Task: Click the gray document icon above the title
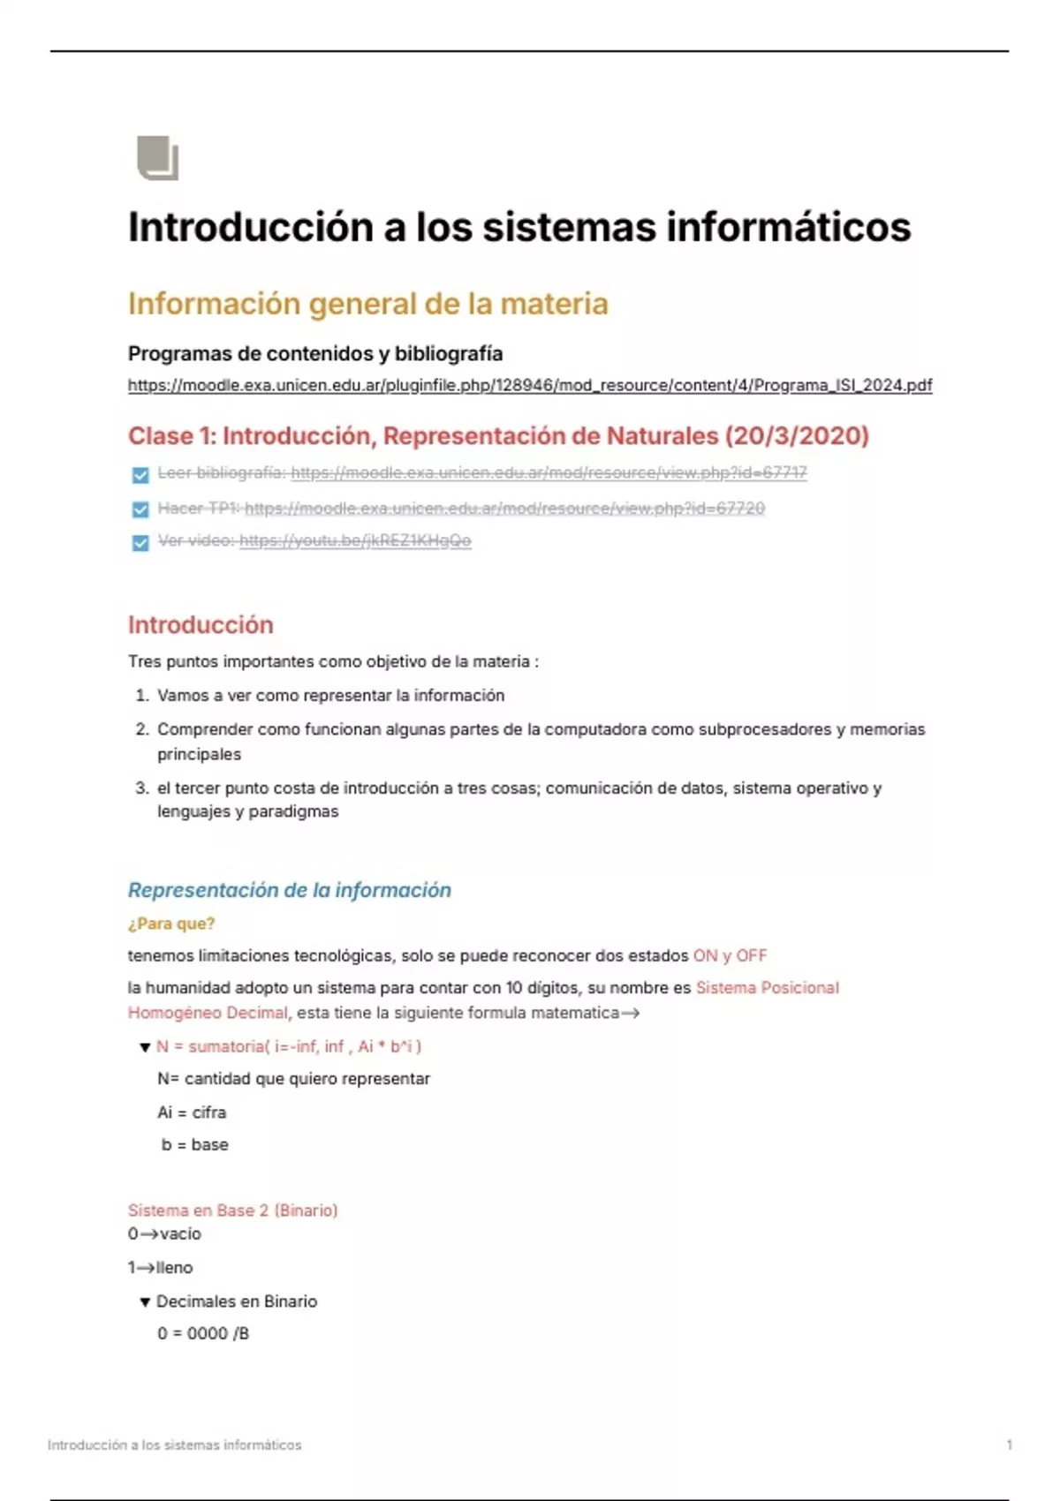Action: [x=158, y=159]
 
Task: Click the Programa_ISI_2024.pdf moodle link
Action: [x=529, y=385]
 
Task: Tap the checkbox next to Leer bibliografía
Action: [x=140, y=475]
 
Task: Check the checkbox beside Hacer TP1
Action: [x=140, y=509]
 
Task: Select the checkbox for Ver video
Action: [x=140, y=542]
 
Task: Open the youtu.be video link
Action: [x=355, y=540]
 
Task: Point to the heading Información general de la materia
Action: [x=367, y=304]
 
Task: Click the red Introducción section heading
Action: [x=201, y=625]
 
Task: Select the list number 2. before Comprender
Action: [x=142, y=729]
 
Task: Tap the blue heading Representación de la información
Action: [x=289, y=890]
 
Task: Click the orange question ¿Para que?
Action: [x=171, y=924]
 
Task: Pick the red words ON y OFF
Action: [x=730, y=955]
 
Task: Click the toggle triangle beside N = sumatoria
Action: [x=145, y=1047]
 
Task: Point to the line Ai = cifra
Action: [x=192, y=1113]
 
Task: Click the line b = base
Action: [x=194, y=1144]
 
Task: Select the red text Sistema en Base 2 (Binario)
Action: [x=232, y=1210]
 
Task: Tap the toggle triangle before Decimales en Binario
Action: [x=145, y=1302]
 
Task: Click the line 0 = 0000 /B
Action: [x=203, y=1333]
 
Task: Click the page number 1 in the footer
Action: [x=1009, y=1445]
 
